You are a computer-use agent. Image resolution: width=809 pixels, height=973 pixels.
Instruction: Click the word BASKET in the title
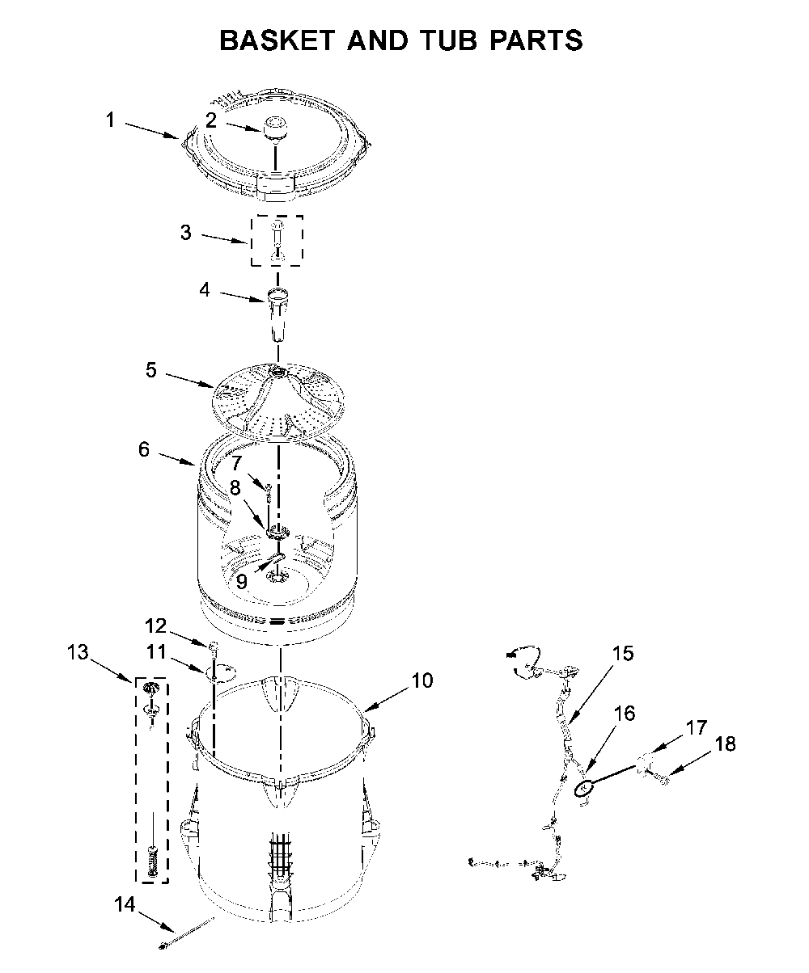tap(277, 40)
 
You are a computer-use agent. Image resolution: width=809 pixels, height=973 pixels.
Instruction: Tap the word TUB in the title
tap(449, 40)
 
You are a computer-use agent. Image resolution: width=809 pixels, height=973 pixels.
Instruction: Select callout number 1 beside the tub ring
tap(110, 120)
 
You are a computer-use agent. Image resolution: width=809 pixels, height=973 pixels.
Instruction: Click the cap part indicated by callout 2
tap(275, 127)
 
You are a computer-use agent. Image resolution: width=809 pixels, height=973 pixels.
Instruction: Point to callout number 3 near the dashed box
tap(186, 232)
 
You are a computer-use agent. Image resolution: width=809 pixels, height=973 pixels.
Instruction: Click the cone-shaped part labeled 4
tap(277, 315)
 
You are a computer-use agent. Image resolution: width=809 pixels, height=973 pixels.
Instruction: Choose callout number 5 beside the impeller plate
tap(151, 370)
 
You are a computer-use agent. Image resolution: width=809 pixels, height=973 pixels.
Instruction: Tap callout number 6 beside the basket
tap(144, 449)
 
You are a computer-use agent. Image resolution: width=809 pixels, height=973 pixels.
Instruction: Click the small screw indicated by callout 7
tap(269, 493)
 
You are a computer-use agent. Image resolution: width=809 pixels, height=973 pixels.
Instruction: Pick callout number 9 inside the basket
tap(241, 582)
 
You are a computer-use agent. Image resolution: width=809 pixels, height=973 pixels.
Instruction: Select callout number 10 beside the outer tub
tap(422, 680)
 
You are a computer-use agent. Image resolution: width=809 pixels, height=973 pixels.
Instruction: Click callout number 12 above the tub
tap(155, 625)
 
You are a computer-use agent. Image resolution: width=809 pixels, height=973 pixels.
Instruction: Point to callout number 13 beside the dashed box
tap(78, 652)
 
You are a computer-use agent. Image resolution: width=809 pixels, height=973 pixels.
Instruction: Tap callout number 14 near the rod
tap(125, 904)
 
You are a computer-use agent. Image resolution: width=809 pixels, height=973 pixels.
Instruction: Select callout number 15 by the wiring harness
tap(622, 653)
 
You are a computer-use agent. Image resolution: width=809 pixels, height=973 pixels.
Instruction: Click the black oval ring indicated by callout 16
tap(583, 789)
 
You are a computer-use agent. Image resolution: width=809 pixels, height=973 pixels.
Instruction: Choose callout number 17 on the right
tap(696, 727)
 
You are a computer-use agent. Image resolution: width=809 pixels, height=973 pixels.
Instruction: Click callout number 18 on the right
tap(725, 744)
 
